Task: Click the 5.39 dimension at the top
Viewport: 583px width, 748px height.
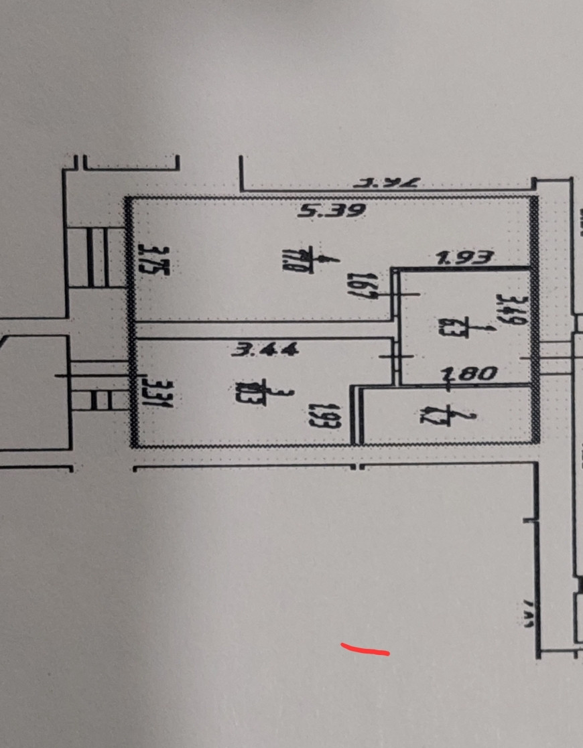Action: [x=332, y=212]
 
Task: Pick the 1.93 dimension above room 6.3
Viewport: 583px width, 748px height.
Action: [x=465, y=258]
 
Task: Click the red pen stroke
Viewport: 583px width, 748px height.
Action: [x=365, y=649]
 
